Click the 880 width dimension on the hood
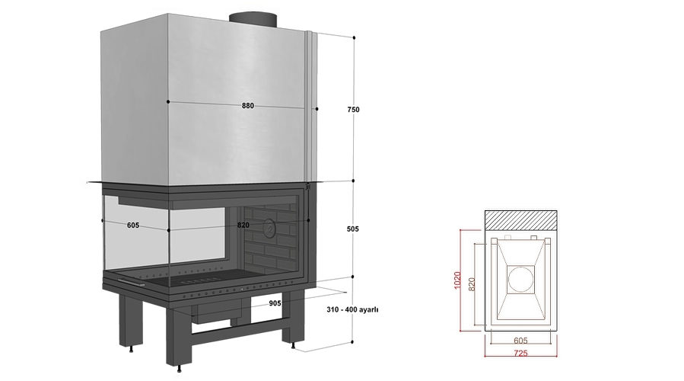247,106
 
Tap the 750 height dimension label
352,110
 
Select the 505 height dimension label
352,229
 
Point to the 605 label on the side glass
132,225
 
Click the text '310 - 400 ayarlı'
352,310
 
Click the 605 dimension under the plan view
520,341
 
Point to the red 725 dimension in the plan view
520,354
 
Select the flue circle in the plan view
521,279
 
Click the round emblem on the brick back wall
269,226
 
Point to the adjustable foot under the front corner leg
180,370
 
